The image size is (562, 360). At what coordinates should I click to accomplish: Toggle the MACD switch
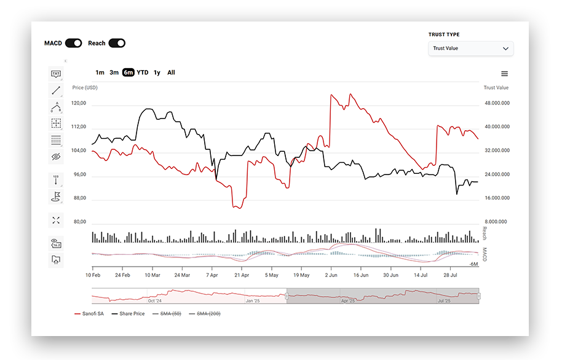(x=73, y=43)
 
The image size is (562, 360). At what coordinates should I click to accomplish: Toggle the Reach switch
(x=116, y=43)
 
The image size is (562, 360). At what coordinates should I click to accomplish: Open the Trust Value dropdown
(x=470, y=49)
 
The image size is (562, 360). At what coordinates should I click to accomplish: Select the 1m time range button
(x=100, y=72)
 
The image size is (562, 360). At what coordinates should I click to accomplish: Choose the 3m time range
(x=114, y=72)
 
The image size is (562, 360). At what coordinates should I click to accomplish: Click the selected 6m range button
(x=128, y=72)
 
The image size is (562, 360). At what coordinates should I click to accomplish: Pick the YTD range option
(x=143, y=72)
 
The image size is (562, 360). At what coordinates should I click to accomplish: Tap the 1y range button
(x=157, y=72)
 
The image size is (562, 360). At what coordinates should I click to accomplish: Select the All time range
(x=171, y=72)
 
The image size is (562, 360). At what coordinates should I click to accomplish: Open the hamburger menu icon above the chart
(x=505, y=74)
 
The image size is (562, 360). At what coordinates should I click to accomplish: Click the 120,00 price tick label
(x=79, y=104)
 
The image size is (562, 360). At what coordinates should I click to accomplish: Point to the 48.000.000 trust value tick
(x=497, y=103)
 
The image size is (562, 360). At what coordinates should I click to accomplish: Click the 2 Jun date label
(x=331, y=275)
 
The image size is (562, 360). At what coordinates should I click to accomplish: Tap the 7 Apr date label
(x=212, y=275)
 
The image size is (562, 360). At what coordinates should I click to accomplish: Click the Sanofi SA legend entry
(x=89, y=314)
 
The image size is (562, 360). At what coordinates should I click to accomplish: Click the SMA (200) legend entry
(x=205, y=314)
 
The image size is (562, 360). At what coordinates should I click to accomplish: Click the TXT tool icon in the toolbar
(x=56, y=74)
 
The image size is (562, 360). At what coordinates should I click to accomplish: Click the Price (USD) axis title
(x=85, y=88)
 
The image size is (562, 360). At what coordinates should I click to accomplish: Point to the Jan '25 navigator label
(x=253, y=301)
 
